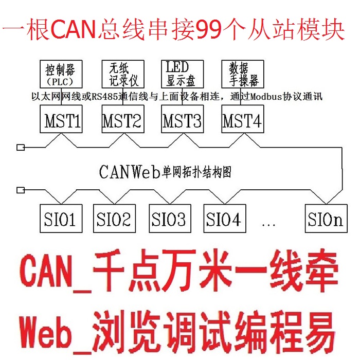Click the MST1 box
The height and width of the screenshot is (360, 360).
coord(61,121)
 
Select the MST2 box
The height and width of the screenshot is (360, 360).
coord(122,121)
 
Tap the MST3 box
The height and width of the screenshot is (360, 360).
coord(182,121)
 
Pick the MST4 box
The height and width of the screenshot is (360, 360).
coord(242,121)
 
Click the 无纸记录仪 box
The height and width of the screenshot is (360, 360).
coord(122,74)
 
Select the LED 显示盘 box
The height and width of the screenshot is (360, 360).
coord(182,74)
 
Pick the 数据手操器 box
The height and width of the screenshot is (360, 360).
coord(242,74)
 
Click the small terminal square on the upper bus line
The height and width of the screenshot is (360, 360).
coord(21,148)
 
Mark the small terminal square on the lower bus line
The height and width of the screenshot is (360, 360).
coord(21,190)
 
